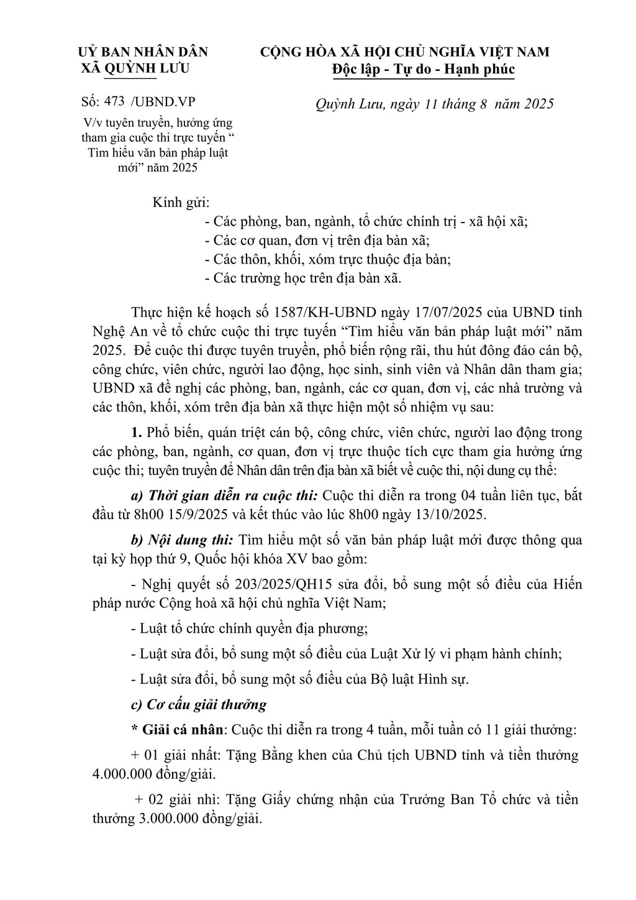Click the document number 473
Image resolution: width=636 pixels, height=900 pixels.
(116, 103)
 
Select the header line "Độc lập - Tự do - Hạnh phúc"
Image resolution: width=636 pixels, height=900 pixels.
(423, 68)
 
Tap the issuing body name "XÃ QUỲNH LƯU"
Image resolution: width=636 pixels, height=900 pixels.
(136, 68)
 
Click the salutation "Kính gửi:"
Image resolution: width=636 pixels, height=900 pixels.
(181, 203)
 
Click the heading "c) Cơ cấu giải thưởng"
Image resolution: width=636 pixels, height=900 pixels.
(199, 705)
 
